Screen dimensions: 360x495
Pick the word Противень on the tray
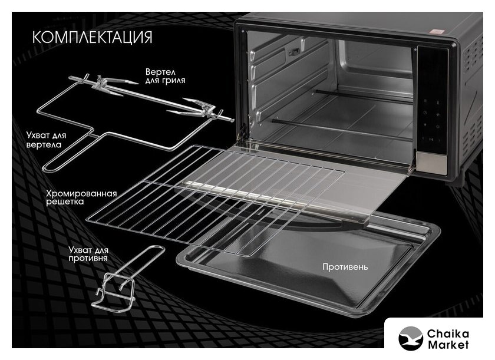pyautogui.click(x=345, y=267)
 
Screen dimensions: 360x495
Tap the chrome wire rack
pyautogui.click(x=218, y=194)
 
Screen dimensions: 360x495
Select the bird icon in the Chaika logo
pyautogui.click(x=411, y=337)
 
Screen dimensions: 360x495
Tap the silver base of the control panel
pyautogui.click(x=433, y=162)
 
